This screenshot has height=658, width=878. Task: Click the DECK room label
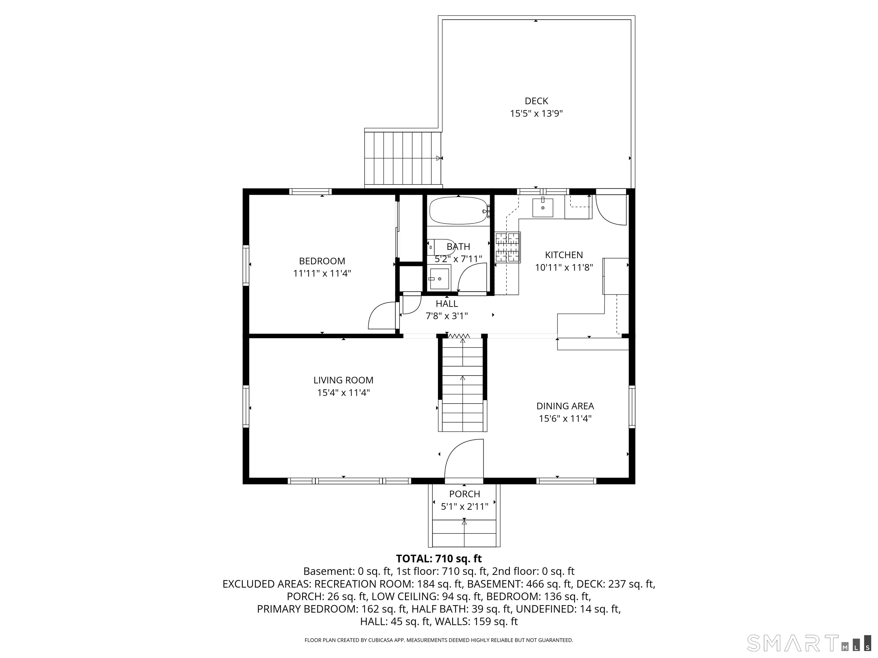coord(536,101)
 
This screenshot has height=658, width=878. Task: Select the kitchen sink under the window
coord(542,207)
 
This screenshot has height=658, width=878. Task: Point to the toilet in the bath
coord(441,247)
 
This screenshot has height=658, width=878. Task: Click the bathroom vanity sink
coord(439,279)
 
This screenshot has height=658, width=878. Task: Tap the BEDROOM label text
coord(322,261)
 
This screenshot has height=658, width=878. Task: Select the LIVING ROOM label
coord(343,380)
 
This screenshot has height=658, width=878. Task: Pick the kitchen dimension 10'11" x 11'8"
coord(564,267)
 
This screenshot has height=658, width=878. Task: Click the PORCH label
coord(464,494)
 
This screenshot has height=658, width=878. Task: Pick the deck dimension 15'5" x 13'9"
coord(536,113)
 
